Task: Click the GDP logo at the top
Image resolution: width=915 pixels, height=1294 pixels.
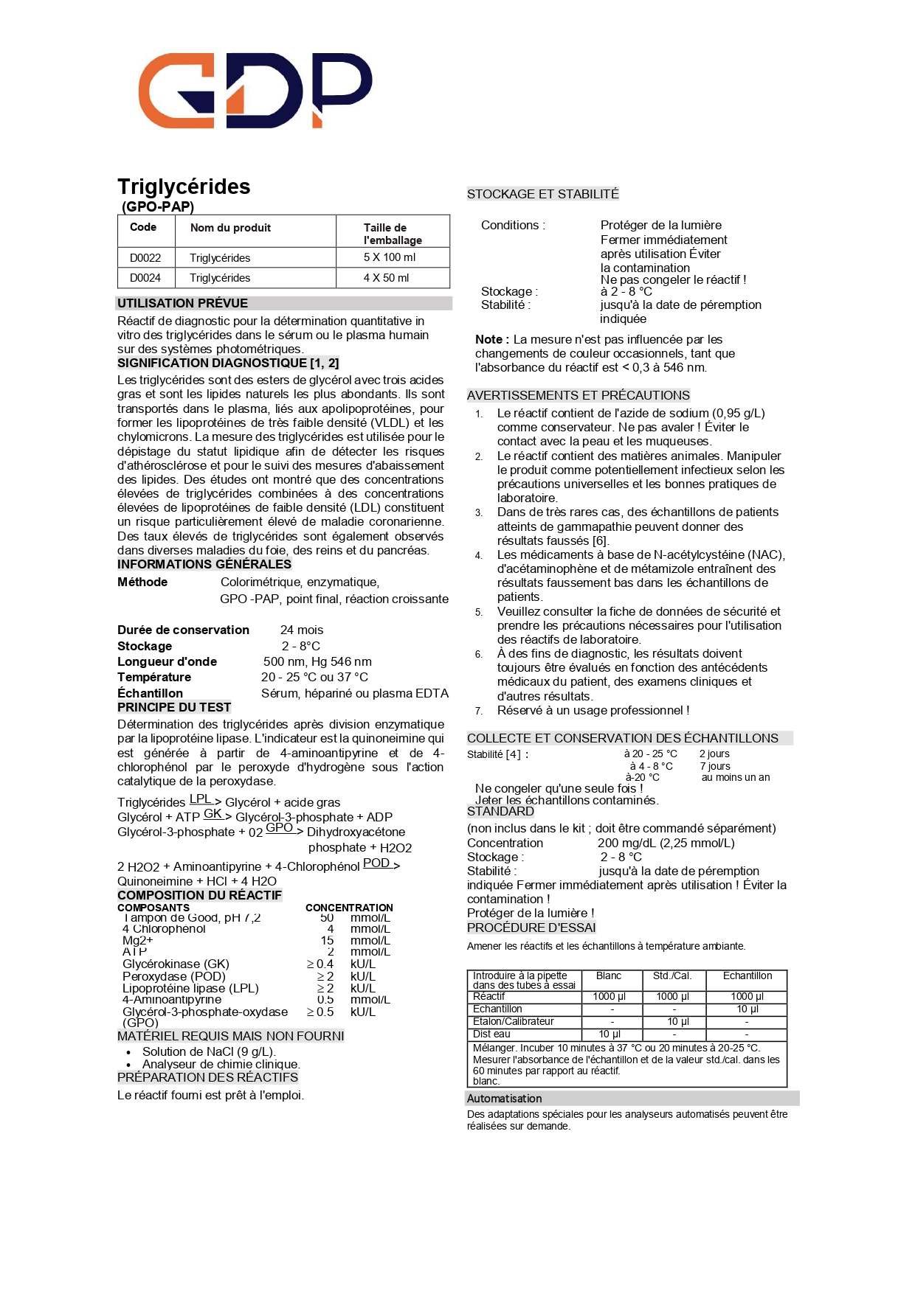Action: click(x=255, y=90)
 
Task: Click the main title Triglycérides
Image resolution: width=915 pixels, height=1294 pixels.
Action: click(x=184, y=187)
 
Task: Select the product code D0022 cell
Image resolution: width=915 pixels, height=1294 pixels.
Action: click(x=145, y=258)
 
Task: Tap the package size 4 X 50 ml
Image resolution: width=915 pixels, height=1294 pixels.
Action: click(x=386, y=278)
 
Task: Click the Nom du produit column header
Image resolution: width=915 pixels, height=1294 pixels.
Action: click(x=230, y=228)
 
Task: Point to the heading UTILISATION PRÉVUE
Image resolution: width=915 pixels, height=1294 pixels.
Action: click(x=182, y=303)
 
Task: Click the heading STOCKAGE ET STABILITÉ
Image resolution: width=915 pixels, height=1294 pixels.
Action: click(x=542, y=194)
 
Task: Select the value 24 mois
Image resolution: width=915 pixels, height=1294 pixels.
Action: click(x=302, y=630)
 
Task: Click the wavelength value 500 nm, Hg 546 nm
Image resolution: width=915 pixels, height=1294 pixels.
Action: click(x=317, y=662)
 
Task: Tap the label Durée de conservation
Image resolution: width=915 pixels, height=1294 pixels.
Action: click(x=183, y=630)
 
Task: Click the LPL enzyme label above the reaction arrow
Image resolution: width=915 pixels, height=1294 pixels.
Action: click(x=201, y=799)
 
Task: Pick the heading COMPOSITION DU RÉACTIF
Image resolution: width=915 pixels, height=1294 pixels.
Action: click(x=199, y=895)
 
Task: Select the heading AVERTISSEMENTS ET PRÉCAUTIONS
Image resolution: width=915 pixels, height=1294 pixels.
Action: click(x=578, y=395)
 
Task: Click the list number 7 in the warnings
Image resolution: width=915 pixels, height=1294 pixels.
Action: click(x=479, y=711)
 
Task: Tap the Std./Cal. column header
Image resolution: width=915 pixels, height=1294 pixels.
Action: click(x=672, y=976)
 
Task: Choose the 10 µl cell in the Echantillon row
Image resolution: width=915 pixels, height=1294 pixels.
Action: click(x=747, y=1009)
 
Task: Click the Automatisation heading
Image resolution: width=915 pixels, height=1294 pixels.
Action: click(x=504, y=1099)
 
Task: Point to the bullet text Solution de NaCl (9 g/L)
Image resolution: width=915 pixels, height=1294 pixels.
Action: click(x=209, y=1052)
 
